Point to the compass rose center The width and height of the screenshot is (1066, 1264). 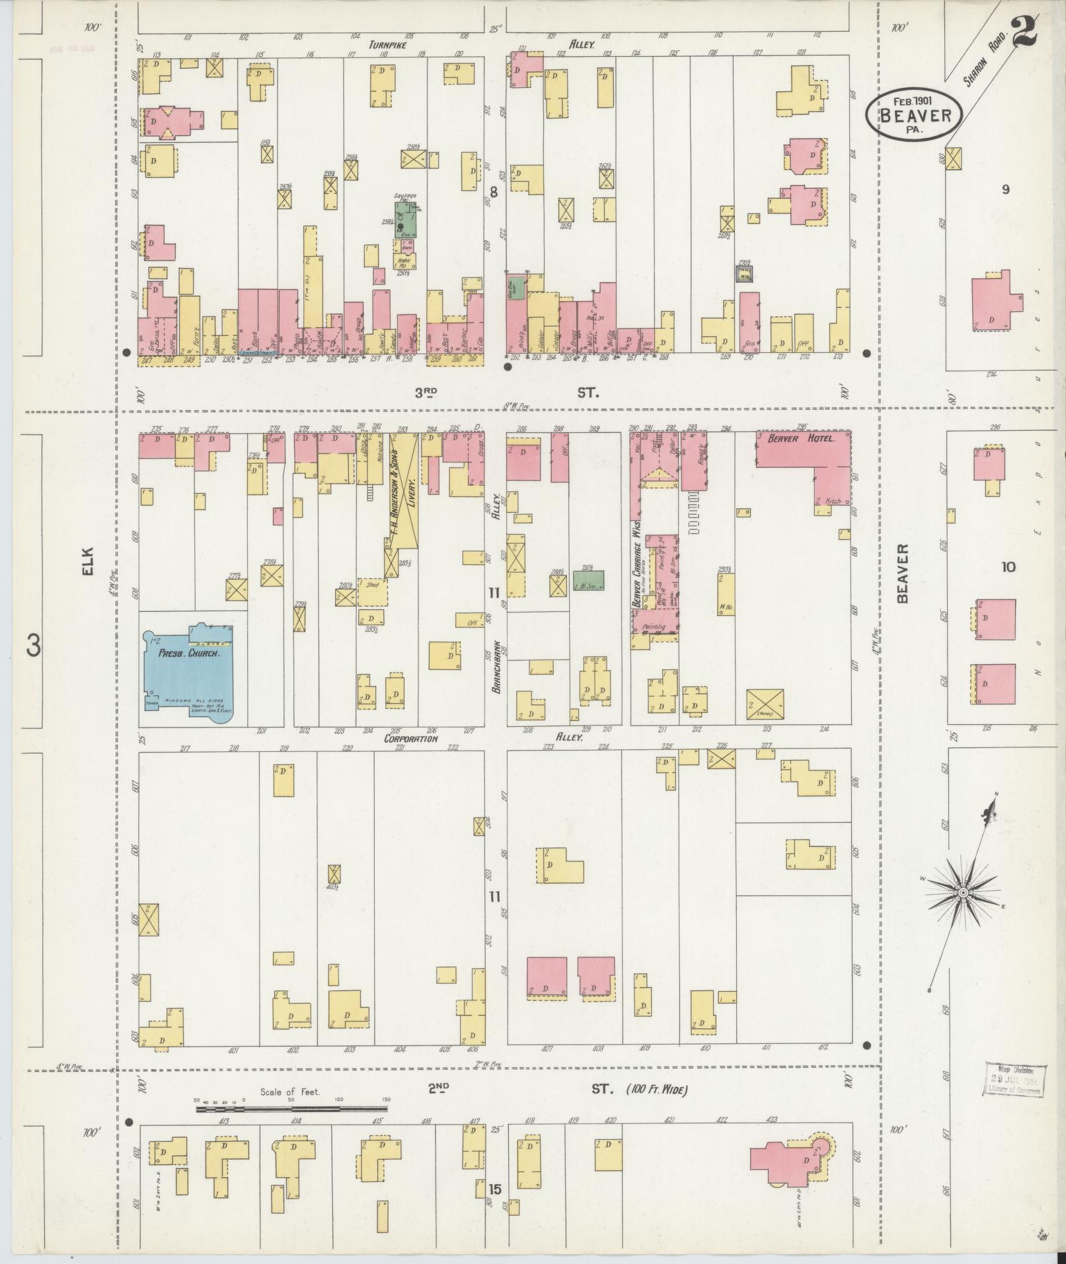(x=963, y=893)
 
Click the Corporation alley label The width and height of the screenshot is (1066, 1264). (x=411, y=739)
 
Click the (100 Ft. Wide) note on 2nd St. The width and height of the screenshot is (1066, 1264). (x=656, y=1089)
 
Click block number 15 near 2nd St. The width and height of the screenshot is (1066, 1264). (x=495, y=1189)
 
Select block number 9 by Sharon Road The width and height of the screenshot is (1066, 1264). (x=1005, y=190)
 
